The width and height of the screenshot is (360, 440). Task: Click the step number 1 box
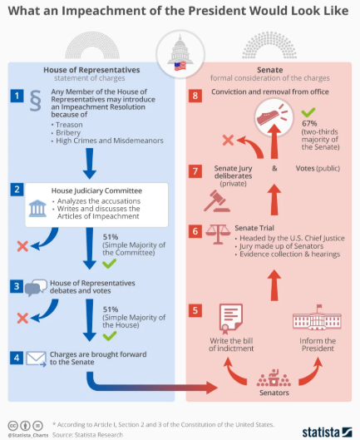tap(15, 96)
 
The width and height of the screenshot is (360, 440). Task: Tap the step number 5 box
tap(195, 311)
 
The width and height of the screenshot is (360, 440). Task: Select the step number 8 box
tap(195, 96)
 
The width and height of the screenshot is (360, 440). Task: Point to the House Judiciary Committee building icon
tap(37, 207)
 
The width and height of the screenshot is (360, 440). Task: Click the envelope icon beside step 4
tap(35, 359)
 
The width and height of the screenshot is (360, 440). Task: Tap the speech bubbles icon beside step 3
tap(35, 289)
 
